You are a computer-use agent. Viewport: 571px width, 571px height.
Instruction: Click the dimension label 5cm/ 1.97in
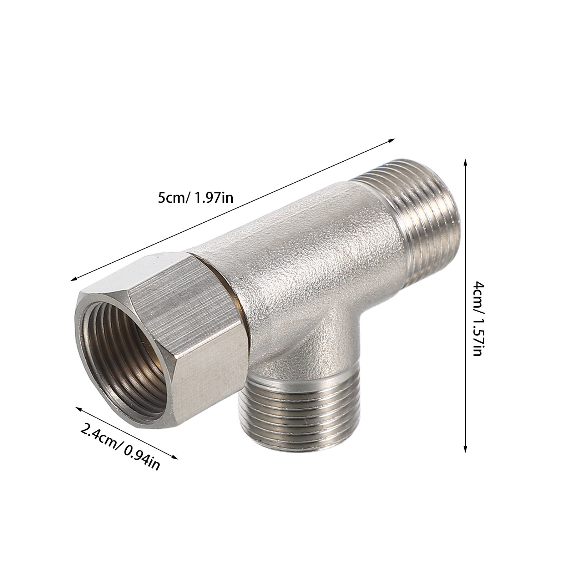tap(195, 197)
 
